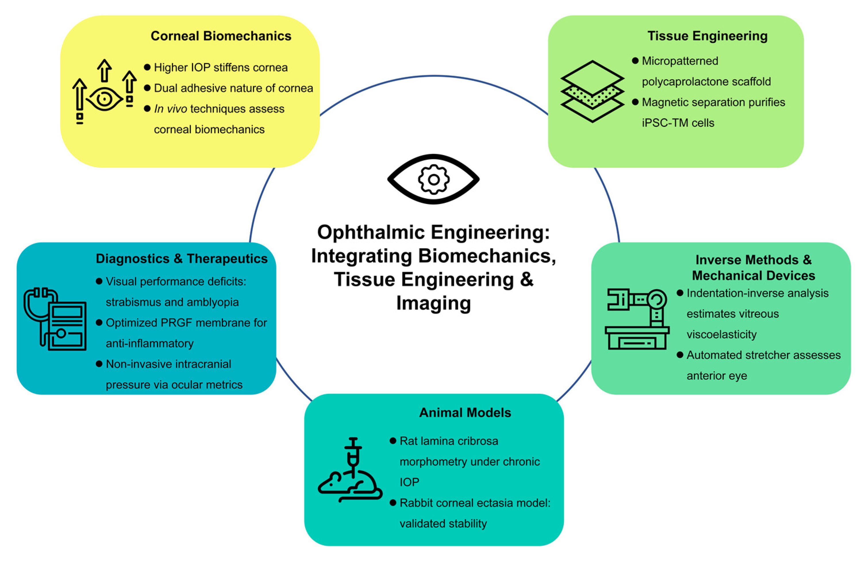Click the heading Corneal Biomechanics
pyautogui.click(x=221, y=36)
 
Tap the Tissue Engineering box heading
pyautogui.click(x=707, y=36)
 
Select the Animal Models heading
pyautogui.click(x=465, y=413)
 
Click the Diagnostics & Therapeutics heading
pyautogui.click(x=182, y=259)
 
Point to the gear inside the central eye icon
pyautogui.click(x=434, y=179)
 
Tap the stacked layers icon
pyautogui.click(x=592, y=91)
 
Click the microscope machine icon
pyautogui.click(x=637, y=319)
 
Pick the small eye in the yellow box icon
pyautogui.click(x=104, y=99)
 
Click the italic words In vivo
pyautogui.click(x=170, y=109)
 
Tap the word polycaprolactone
pyautogui.click(x=685, y=82)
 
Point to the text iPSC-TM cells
pyautogui.click(x=678, y=123)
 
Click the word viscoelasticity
pyautogui.click(x=721, y=334)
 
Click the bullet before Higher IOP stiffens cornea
pyautogui.click(x=147, y=67)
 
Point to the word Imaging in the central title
pyautogui.click(x=434, y=303)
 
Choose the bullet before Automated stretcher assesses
pyautogui.click(x=680, y=355)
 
